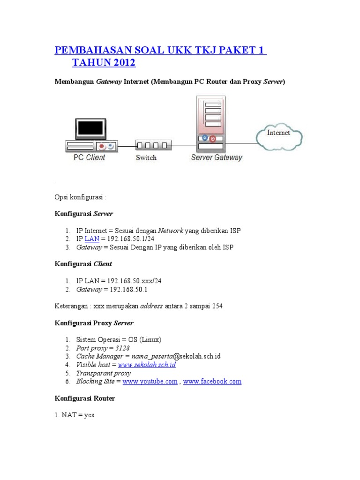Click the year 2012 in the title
click(x=123, y=62)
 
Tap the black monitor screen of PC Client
click(x=90, y=128)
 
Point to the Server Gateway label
click(x=217, y=157)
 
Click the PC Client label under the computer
click(x=89, y=157)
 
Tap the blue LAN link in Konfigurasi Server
click(x=92, y=239)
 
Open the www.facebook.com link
click(x=212, y=382)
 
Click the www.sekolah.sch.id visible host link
click(x=147, y=365)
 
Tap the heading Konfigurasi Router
click(x=85, y=398)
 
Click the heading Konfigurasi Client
click(x=83, y=264)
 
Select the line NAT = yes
click(x=75, y=415)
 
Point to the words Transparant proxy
click(x=104, y=373)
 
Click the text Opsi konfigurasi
click(x=81, y=197)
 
